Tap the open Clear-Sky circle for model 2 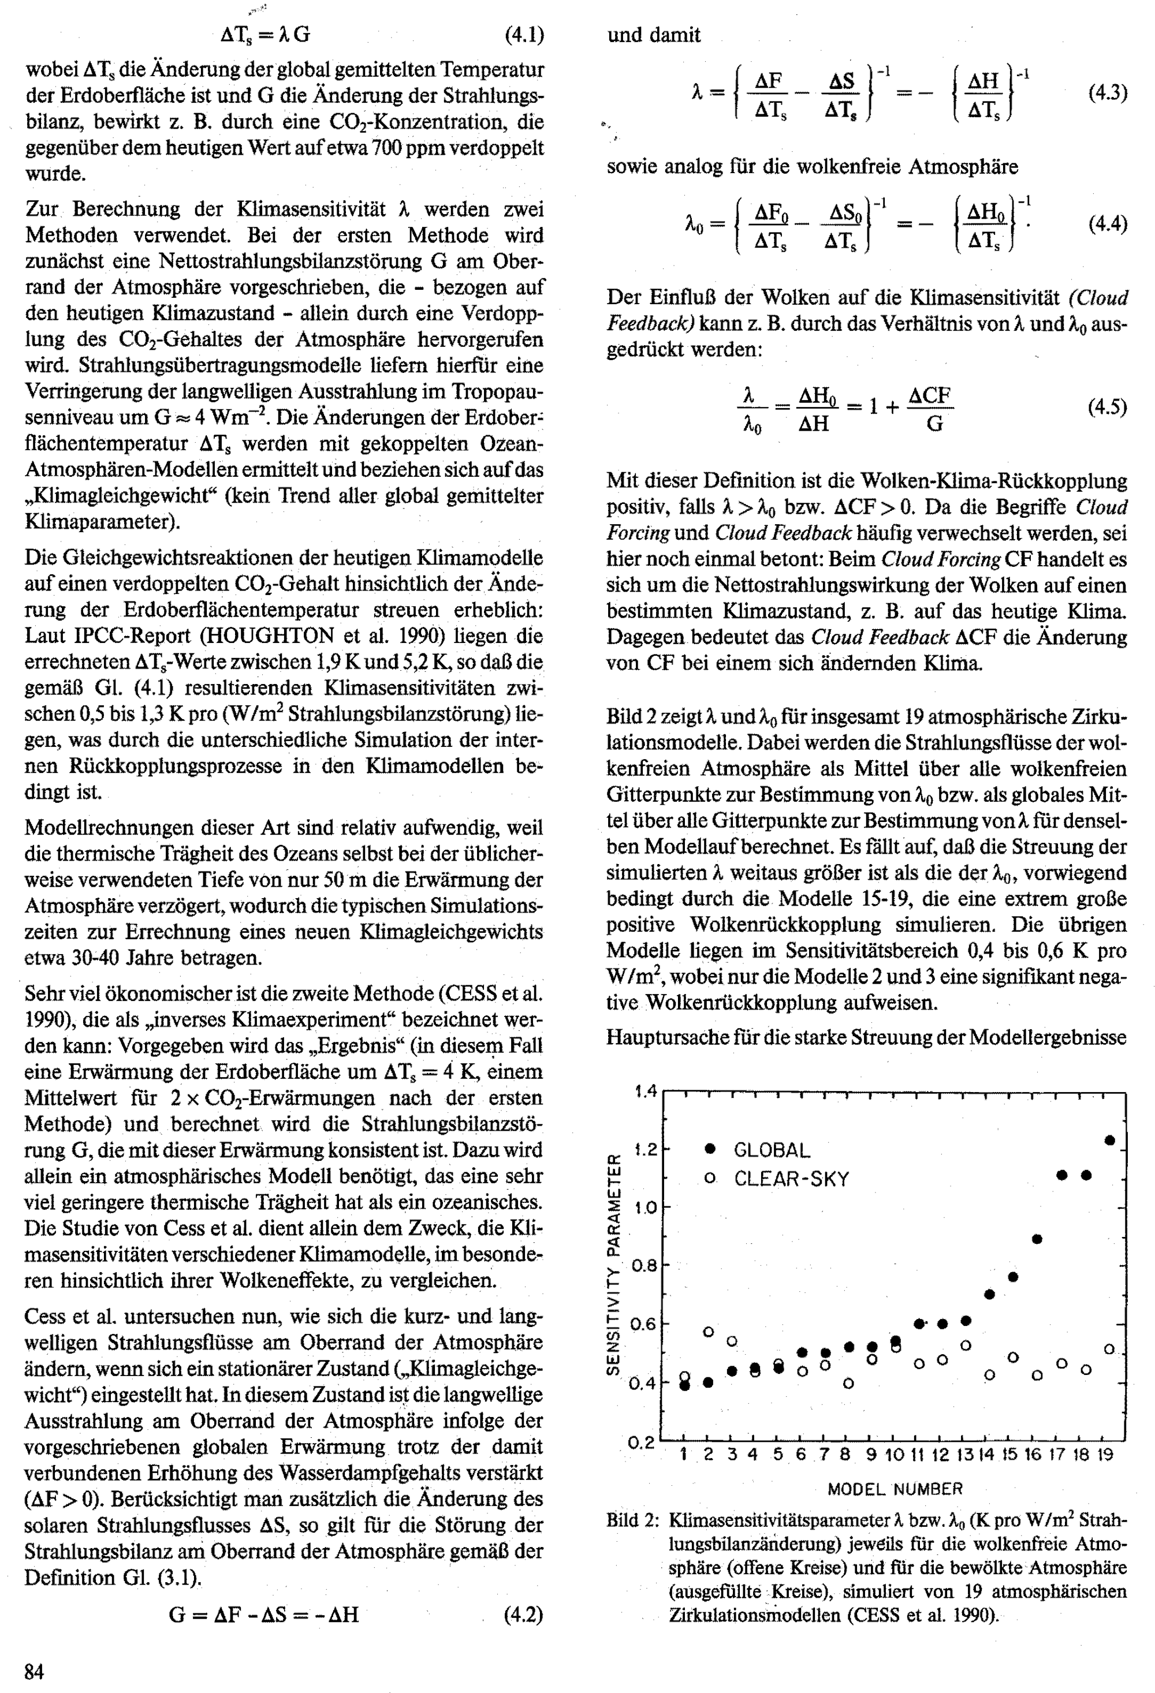pos(708,1332)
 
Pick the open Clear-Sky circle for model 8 pos(848,1382)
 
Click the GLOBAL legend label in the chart pos(772,1150)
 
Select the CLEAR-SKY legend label pos(791,1179)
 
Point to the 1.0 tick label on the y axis pos(645,1207)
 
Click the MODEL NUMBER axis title pos(895,1489)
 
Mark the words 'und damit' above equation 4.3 pos(654,35)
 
